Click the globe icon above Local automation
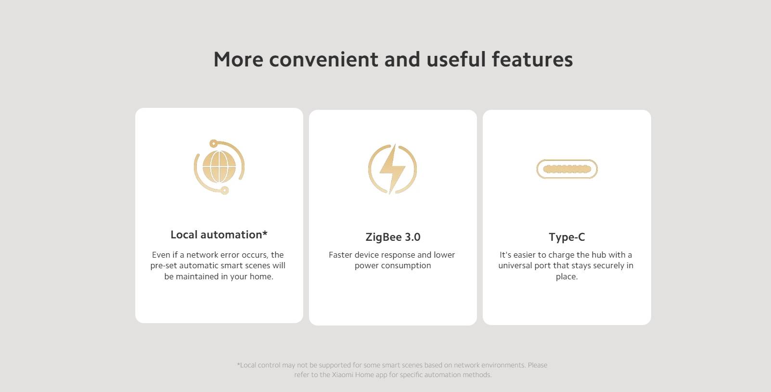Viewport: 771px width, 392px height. coord(219,167)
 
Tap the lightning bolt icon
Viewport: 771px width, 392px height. coord(392,169)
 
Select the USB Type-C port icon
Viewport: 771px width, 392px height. coord(567,169)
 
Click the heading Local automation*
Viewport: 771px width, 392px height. coord(219,235)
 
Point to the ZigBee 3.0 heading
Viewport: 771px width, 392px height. coord(393,237)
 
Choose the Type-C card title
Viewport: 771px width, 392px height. coord(567,237)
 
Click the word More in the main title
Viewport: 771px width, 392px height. coord(238,59)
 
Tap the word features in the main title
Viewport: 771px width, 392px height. coord(532,59)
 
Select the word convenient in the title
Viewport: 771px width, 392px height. coord(323,59)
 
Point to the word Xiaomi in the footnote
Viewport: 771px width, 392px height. coord(343,375)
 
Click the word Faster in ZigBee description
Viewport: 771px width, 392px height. coord(340,255)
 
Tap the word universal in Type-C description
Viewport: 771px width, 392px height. coord(515,265)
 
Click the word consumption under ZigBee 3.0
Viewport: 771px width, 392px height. coord(410,266)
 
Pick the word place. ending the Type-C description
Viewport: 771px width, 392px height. coord(566,276)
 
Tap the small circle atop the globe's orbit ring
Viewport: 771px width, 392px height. coord(213,144)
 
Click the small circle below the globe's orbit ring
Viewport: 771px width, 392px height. coord(225,190)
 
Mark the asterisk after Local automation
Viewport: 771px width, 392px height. coord(265,233)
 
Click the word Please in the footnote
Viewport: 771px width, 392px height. coord(538,365)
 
